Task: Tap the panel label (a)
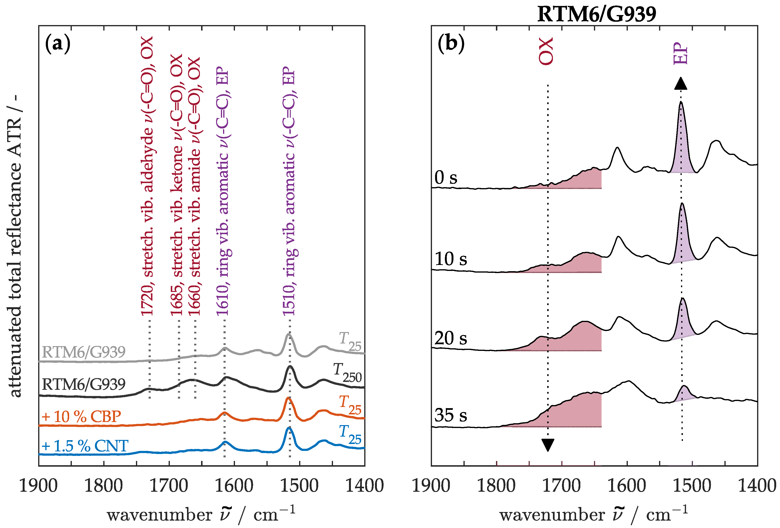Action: [x=57, y=44]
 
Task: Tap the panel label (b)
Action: [x=451, y=44]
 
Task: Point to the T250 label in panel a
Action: [x=347, y=373]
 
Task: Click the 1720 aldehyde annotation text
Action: [x=147, y=176]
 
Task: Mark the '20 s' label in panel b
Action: [x=450, y=338]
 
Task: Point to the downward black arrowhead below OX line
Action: [x=548, y=445]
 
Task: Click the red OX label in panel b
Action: [x=546, y=51]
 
